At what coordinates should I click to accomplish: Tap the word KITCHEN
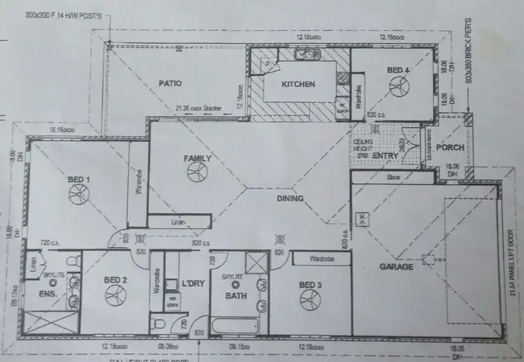tap(298, 85)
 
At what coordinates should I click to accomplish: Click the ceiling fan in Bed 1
tap(78, 194)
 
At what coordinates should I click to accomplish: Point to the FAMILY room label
tap(197, 159)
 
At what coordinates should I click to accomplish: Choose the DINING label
tap(290, 198)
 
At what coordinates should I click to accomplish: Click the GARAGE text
tap(397, 266)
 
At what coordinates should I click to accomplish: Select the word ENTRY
tap(385, 155)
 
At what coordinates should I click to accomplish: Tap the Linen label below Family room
tap(178, 222)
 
